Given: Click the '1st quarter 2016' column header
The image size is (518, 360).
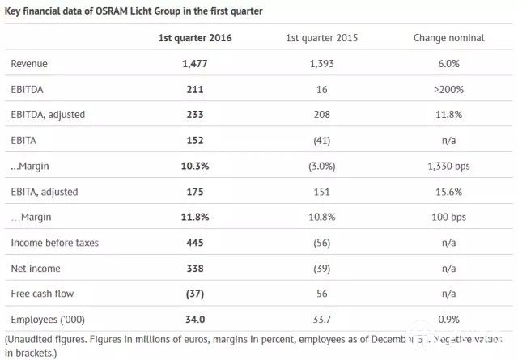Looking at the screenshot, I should click(x=190, y=38).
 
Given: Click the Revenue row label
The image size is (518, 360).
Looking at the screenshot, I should click(x=30, y=63).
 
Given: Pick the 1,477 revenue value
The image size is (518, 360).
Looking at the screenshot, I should click(x=190, y=63).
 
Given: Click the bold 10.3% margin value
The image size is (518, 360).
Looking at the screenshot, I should click(x=190, y=166).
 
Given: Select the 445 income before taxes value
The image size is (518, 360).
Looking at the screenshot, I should click(x=190, y=243).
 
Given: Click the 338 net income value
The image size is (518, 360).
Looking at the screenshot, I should click(x=190, y=269).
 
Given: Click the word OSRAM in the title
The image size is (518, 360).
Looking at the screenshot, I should click(x=125, y=11).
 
